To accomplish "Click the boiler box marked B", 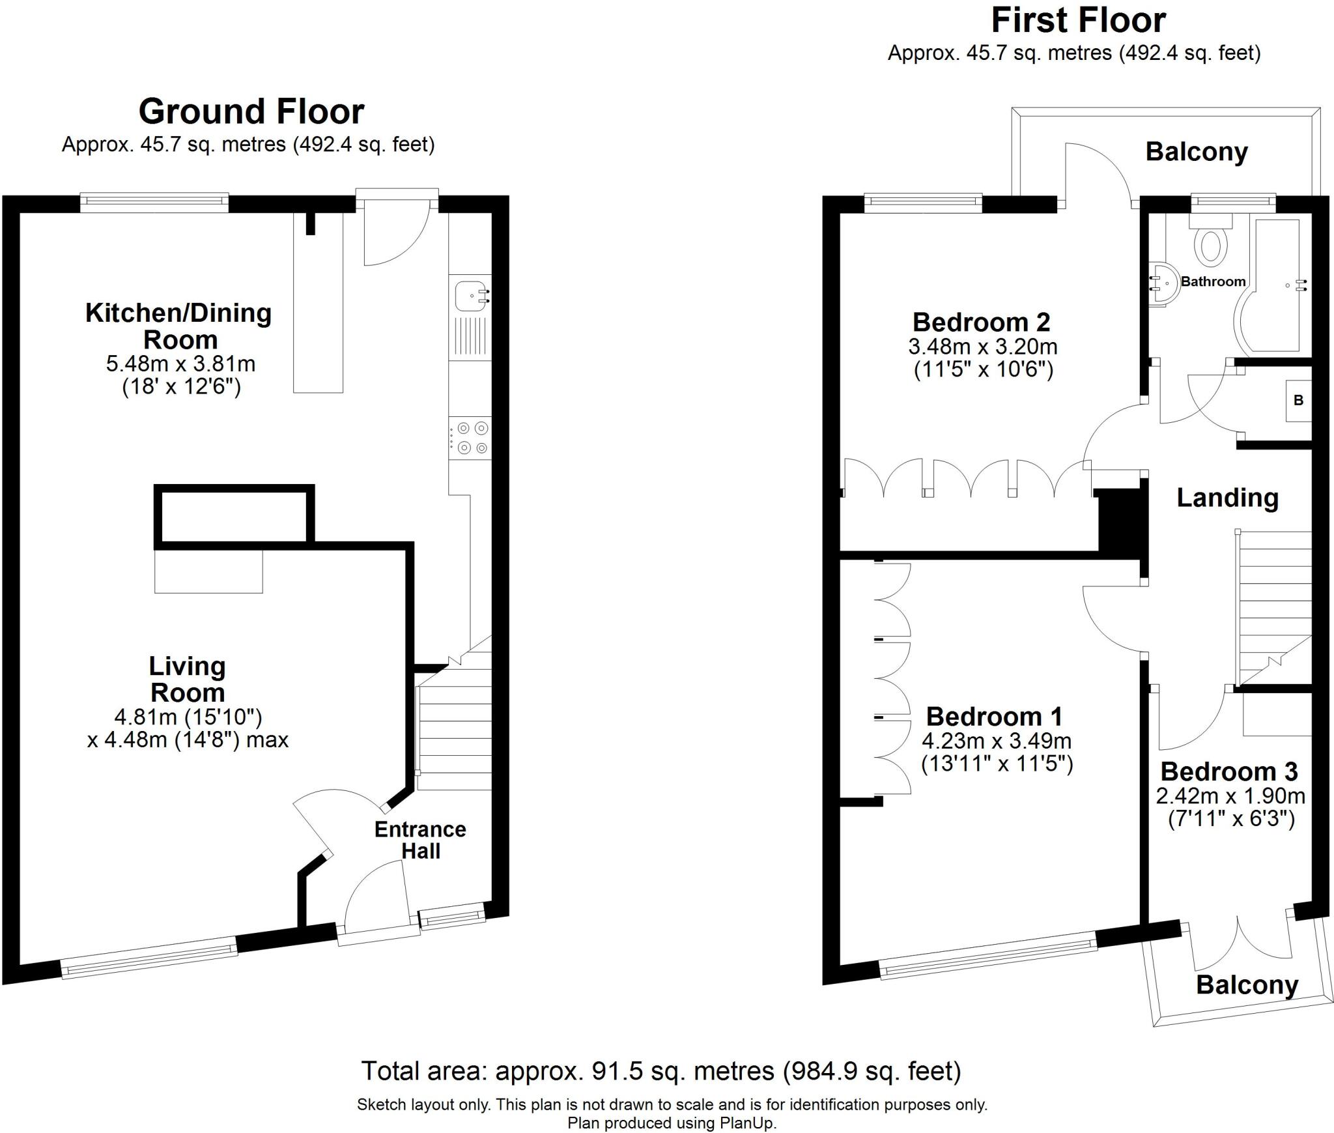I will pyautogui.click(x=1298, y=400).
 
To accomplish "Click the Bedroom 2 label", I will pyautogui.click(x=981, y=322).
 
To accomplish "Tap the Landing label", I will pyautogui.click(x=1227, y=498).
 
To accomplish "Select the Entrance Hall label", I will pyautogui.click(x=420, y=840).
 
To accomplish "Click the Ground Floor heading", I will pyautogui.click(x=251, y=111).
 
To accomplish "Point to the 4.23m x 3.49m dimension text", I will pyautogui.click(x=997, y=741).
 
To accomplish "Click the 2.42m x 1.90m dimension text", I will pyautogui.click(x=1230, y=796).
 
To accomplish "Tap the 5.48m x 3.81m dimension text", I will pyautogui.click(x=180, y=364).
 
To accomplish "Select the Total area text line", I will pyautogui.click(x=660, y=1070).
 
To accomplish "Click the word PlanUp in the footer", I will pyautogui.click(x=747, y=1123).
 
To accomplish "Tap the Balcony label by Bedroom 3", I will pyautogui.click(x=1247, y=984).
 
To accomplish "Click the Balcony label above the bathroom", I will pyautogui.click(x=1197, y=152).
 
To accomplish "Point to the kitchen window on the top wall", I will pyautogui.click(x=154, y=203).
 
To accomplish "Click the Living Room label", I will pyautogui.click(x=187, y=679).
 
